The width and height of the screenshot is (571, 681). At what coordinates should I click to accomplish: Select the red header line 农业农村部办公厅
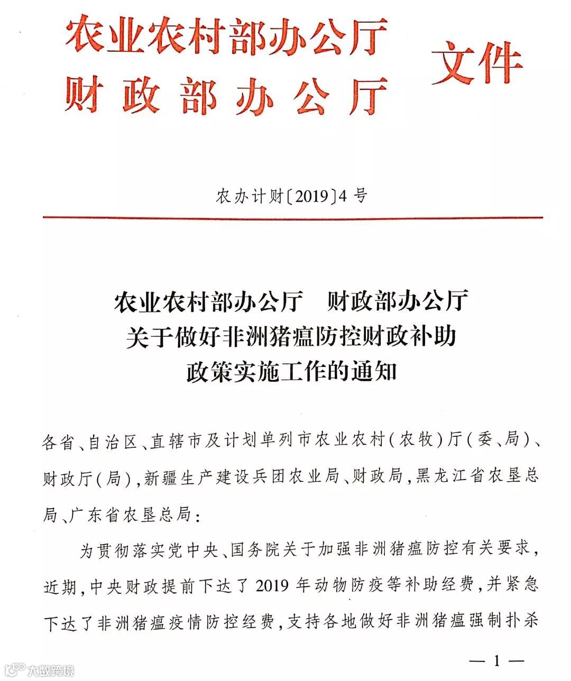click(227, 36)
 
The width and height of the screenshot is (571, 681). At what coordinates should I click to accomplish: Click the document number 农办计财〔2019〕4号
click(291, 196)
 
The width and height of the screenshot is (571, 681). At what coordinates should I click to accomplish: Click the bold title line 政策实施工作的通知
click(291, 372)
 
